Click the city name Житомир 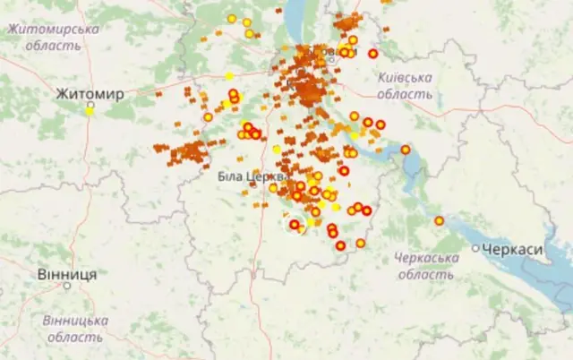pyautogui.click(x=90, y=93)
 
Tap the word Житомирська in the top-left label pyautogui.click(x=54, y=30)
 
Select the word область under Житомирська pyautogui.click(x=52, y=45)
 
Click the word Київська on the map pyautogui.click(x=405, y=78)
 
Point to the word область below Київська pyautogui.click(x=405, y=93)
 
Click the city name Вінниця pyautogui.click(x=67, y=274)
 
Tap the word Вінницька pyautogui.click(x=75, y=321)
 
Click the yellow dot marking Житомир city pyautogui.click(x=90, y=111)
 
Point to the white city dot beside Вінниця pyautogui.click(x=66, y=286)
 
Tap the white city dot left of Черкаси pyautogui.click(x=475, y=248)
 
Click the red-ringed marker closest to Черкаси pyautogui.click(x=439, y=220)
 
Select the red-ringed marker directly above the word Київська pyautogui.click(x=372, y=54)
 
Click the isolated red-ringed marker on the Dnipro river pyautogui.click(x=405, y=150)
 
